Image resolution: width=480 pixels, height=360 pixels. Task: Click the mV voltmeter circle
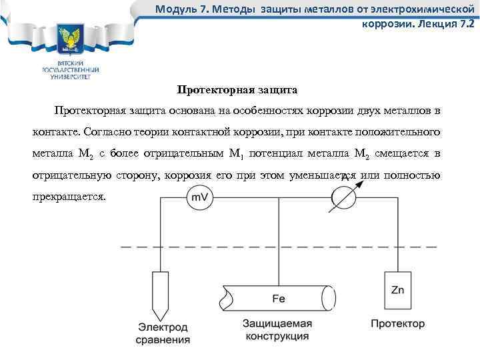point(199,198)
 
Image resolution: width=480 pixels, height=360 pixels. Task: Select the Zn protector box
point(397,290)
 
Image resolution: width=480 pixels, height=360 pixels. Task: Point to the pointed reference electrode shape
point(161,293)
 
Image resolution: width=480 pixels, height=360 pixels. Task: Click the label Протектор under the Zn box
point(397,324)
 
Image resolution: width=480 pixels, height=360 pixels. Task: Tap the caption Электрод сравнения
point(164,333)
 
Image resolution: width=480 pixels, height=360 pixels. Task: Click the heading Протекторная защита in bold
point(237,89)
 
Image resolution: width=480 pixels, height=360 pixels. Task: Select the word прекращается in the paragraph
point(69,197)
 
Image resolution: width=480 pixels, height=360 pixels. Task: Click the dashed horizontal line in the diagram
point(280,246)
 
